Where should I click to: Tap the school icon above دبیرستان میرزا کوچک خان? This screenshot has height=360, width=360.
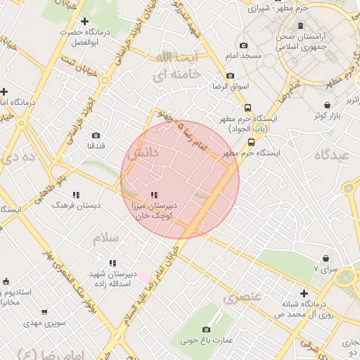(154, 195)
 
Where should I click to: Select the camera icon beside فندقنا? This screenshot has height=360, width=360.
(96, 135)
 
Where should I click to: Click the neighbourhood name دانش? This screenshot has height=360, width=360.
(144, 152)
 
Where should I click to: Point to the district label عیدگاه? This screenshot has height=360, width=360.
(333, 155)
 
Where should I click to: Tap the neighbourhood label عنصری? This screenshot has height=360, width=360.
(242, 297)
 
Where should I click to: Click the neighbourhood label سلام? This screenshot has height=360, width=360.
(106, 238)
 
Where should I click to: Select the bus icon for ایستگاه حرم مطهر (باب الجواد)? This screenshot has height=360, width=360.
(247, 108)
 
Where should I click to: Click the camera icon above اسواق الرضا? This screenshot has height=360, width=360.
(230, 76)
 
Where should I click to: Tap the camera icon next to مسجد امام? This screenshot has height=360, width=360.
(244, 46)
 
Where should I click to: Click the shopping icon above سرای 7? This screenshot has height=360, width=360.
(326, 258)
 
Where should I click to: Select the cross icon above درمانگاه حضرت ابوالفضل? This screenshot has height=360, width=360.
(85, 22)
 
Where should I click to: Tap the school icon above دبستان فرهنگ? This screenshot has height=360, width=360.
(76, 195)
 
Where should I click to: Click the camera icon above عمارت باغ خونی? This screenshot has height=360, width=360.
(206, 329)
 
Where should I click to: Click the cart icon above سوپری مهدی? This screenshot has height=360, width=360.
(44, 311)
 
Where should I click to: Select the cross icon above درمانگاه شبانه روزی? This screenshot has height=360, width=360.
(304, 293)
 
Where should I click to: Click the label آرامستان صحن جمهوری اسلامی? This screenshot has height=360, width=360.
(302, 41)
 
